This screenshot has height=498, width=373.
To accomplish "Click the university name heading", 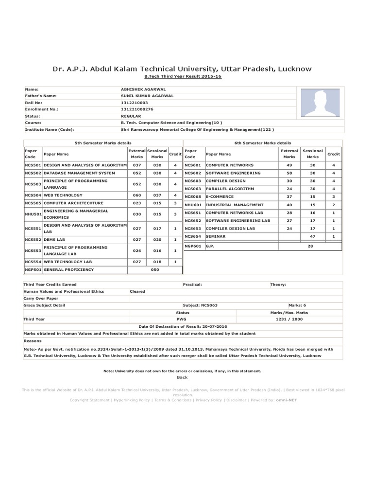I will [182, 69].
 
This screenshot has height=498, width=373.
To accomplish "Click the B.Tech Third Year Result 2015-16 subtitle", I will [183, 77].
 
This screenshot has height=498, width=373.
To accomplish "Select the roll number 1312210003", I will [134, 103].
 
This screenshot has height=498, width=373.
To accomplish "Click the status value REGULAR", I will [131, 116].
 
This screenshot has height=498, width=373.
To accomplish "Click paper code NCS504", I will [33, 195].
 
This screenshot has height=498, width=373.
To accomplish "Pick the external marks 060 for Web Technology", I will [137, 195].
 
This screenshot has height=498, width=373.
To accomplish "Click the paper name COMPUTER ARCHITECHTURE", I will [73, 203].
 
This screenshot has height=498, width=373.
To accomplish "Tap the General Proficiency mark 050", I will [155, 269].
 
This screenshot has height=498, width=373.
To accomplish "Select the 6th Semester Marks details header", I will [262, 143].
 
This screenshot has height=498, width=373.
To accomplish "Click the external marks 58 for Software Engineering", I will [289, 173].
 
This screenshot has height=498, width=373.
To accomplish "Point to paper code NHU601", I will [193, 205].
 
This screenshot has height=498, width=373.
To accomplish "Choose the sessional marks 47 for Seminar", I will [313, 236].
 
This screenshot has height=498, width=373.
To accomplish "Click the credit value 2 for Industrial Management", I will [334, 205].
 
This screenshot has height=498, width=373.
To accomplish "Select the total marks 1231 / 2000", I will [289, 319].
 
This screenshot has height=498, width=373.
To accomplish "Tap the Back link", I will [182, 377].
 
